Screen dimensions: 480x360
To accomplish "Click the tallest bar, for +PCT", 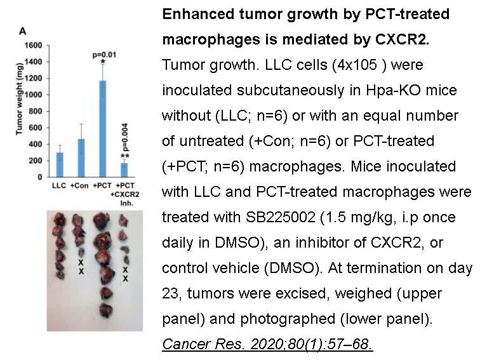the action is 103,129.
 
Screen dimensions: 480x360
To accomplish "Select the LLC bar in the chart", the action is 60,164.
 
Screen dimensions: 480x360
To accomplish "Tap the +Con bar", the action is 81,158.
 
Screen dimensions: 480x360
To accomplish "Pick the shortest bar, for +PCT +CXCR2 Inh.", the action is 124,170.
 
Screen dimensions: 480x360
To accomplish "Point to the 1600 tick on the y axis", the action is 33,45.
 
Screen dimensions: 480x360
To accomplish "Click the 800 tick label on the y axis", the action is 35,111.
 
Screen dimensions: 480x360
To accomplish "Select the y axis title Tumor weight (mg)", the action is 19,98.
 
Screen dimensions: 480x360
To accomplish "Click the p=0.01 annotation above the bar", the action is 104,55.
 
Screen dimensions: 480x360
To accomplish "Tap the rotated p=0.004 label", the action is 124,137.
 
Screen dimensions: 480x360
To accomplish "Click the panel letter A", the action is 23,31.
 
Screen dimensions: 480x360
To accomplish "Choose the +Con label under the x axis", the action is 79,185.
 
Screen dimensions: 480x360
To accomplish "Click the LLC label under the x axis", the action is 59,185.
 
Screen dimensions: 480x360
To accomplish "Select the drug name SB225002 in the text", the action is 281,217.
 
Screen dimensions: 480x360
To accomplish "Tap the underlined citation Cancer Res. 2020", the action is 267,344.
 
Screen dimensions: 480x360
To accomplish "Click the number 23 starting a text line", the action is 171,293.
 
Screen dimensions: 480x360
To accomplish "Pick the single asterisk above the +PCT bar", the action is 103,62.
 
